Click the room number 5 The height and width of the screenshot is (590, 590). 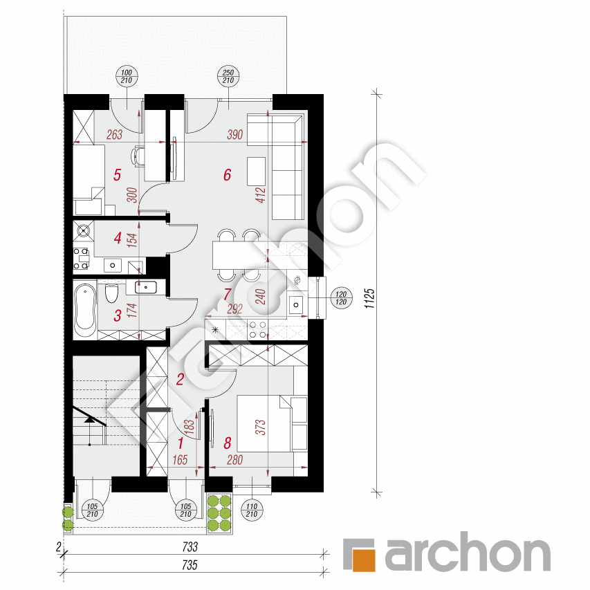(117, 174)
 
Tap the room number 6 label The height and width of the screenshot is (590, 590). (227, 174)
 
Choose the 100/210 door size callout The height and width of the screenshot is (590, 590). (127, 77)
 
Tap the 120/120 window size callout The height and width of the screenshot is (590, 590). (340, 297)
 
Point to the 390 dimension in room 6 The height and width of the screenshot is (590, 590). (235, 136)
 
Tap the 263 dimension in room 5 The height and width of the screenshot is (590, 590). (114, 136)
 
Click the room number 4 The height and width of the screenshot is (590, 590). (118, 239)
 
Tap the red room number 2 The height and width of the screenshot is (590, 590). (180, 378)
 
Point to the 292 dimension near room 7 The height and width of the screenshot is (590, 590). (235, 310)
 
